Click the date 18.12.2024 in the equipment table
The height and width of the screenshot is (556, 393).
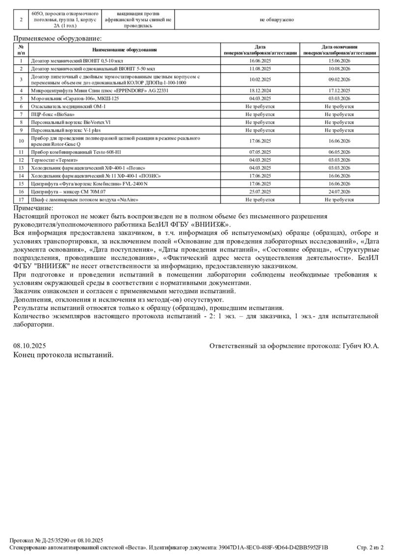tap(260, 91)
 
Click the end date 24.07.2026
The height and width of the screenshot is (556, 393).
tap(339, 192)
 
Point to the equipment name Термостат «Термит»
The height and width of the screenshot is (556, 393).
tap(55, 160)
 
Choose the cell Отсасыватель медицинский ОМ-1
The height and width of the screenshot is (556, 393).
tap(68, 107)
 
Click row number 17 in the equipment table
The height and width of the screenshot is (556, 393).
tap(21, 200)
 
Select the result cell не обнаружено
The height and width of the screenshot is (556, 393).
tap(277, 20)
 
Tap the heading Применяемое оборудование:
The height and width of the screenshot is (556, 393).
tap(57, 38)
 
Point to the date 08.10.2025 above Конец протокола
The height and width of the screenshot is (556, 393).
tap(30, 346)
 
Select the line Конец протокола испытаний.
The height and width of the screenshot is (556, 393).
tap(63, 355)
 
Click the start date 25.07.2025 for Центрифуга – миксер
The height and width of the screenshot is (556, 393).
tap(260, 192)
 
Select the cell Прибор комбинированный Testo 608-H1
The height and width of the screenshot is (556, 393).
tap(76, 152)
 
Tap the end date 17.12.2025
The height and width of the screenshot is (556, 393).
tap(339, 91)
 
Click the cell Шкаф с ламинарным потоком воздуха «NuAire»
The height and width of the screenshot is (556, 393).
tap(84, 200)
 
